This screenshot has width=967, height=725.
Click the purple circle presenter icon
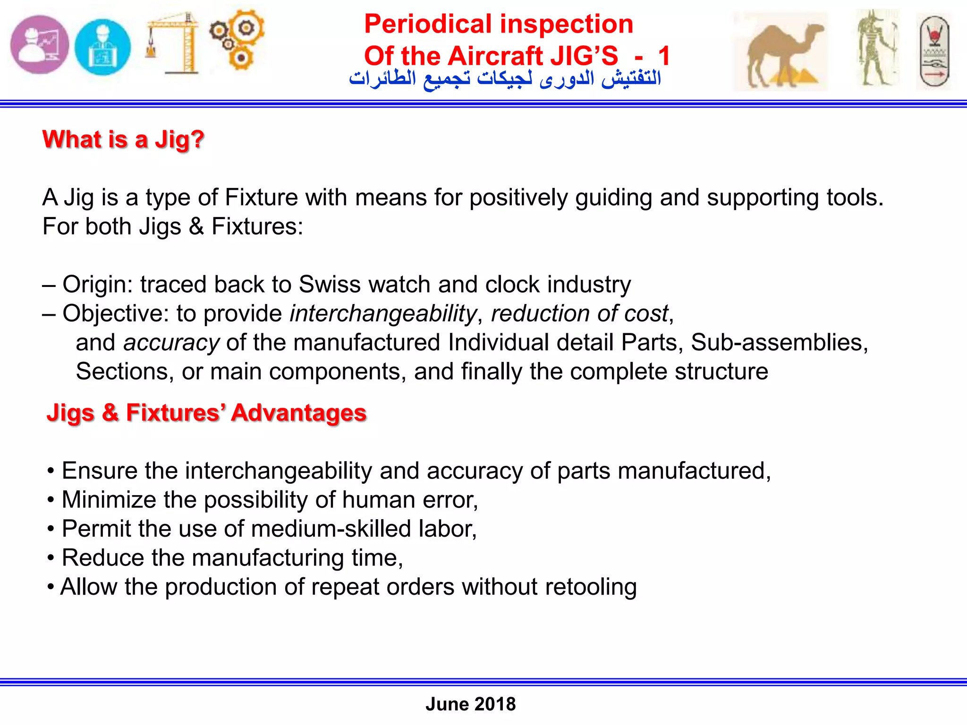40,45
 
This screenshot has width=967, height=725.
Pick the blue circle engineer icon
102,47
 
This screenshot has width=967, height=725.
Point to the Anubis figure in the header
877,48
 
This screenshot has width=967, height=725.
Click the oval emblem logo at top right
934,52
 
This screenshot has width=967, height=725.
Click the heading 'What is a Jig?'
123,140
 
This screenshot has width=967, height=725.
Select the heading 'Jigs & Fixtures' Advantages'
206,413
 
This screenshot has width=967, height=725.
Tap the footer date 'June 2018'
470,704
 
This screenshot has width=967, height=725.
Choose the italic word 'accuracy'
171,343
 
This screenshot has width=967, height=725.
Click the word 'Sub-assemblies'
779,343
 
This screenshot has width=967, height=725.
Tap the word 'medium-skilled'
331,529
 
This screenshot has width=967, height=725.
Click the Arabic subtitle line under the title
505,78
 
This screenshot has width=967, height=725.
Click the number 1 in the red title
664,56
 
